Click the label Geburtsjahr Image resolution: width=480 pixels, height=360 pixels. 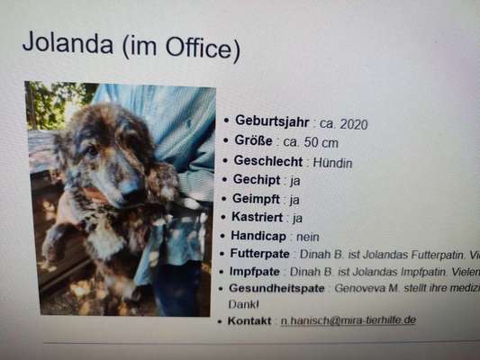coord(272,121)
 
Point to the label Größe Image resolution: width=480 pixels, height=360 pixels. coord(253,141)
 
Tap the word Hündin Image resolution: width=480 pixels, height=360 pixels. coord(332,162)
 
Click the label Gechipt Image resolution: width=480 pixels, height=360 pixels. coord(256,180)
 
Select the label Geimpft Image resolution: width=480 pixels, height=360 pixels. coord(257,199)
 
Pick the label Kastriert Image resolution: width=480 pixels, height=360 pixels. coord(258,217)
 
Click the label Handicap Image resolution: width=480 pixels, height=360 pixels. coord(258,235)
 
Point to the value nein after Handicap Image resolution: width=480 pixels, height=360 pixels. coord(306,236)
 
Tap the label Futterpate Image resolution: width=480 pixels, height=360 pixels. coord(259,254)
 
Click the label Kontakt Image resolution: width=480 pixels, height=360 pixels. coord(248,320)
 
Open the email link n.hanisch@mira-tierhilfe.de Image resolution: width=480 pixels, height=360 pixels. coord(348,319)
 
